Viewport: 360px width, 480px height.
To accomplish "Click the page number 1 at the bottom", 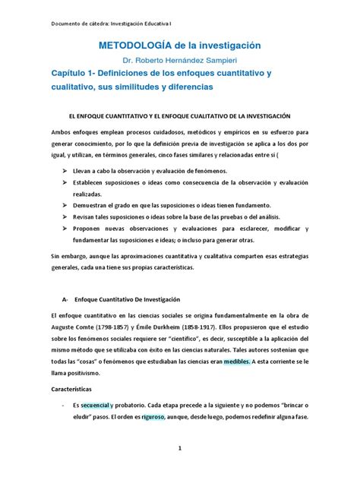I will (x=180, y=449).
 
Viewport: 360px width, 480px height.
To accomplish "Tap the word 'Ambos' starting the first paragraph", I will (x=60, y=131).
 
